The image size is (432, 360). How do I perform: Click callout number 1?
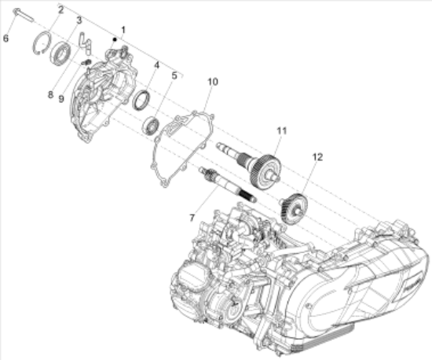[123, 29]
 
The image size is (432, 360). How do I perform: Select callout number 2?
[61, 9]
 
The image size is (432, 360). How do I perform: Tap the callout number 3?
[79, 20]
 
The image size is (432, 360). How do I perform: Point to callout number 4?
[157, 65]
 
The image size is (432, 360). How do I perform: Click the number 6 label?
[6, 37]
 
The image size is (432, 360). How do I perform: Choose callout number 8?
[49, 94]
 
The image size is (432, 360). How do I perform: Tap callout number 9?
[61, 99]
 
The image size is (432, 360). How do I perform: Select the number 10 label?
[211, 82]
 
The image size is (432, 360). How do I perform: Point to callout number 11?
[282, 129]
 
